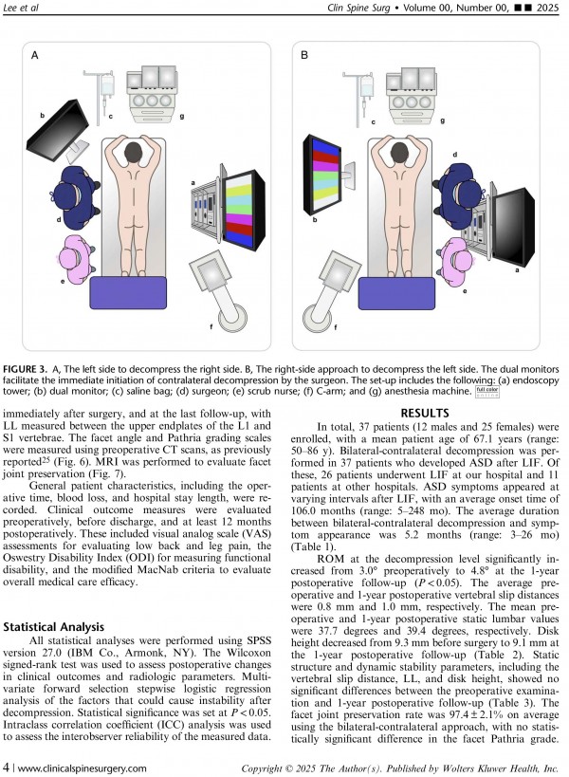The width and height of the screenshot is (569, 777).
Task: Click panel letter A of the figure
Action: tap(35, 57)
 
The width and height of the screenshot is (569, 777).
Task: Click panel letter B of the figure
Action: tap(304, 57)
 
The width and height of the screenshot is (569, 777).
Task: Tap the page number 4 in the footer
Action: tap(8, 768)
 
